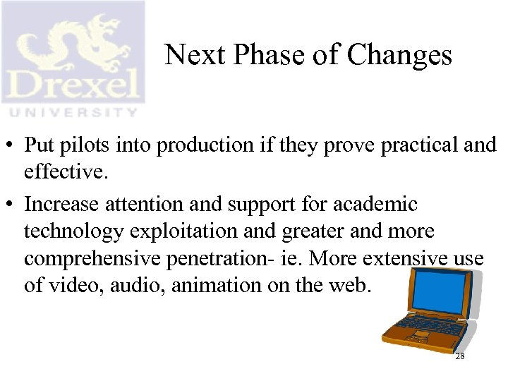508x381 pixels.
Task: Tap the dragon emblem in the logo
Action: tap(74, 42)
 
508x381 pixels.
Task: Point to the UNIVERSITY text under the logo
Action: tap(72, 111)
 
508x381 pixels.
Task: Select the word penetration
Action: tap(206, 260)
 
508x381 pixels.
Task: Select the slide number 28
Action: tap(460, 357)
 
